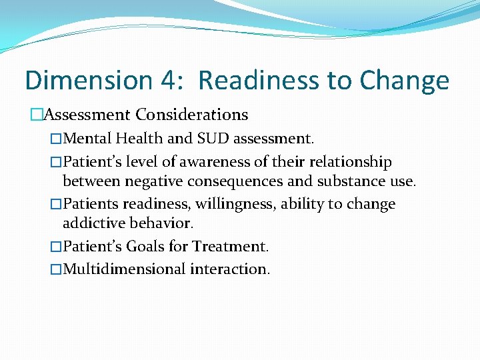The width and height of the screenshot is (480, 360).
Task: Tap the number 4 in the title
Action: [167, 81]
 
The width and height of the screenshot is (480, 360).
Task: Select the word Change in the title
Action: [404, 81]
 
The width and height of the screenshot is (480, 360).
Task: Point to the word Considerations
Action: [192, 115]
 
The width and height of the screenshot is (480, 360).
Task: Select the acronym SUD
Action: [211, 139]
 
